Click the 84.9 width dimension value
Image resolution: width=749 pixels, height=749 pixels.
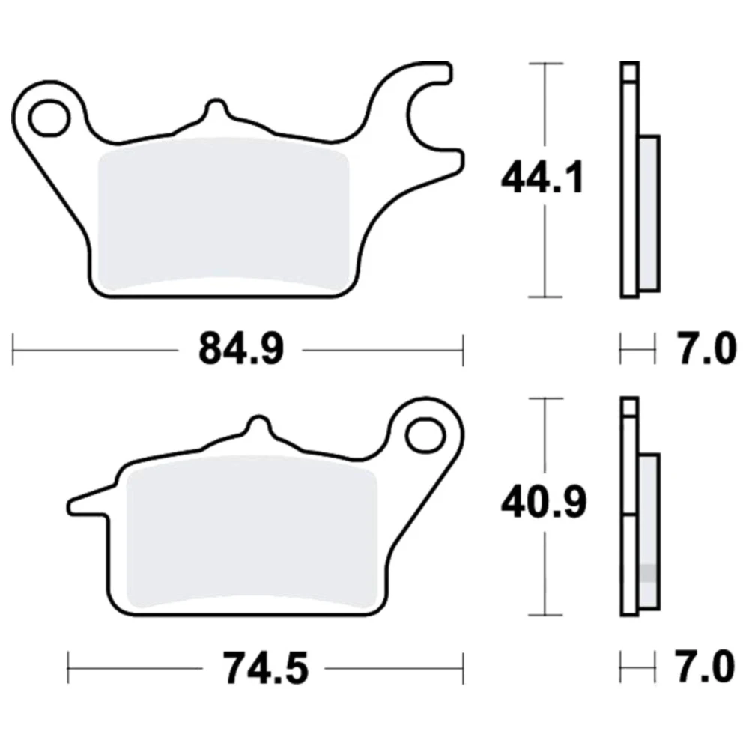click(241, 349)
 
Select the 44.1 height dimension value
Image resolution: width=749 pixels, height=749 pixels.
click(542, 178)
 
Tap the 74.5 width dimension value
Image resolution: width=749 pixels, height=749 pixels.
click(266, 668)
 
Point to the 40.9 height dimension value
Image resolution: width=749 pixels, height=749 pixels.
click(544, 503)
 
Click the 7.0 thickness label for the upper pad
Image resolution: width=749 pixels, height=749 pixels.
click(708, 349)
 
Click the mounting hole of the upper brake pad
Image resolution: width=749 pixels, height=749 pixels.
click(49, 117)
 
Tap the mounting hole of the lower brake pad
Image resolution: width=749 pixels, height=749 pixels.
click(425, 434)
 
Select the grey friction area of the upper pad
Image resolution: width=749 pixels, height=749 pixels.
click(223, 215)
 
